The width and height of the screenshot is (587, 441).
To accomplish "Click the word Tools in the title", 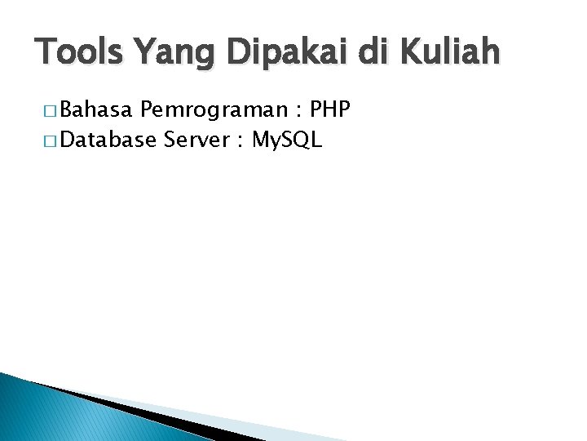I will (82, 52).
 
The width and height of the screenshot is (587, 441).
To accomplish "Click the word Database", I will (108, 140).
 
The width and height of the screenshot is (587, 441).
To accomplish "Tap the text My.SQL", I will (288, 141).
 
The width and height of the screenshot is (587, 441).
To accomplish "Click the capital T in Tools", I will (46, 52).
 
